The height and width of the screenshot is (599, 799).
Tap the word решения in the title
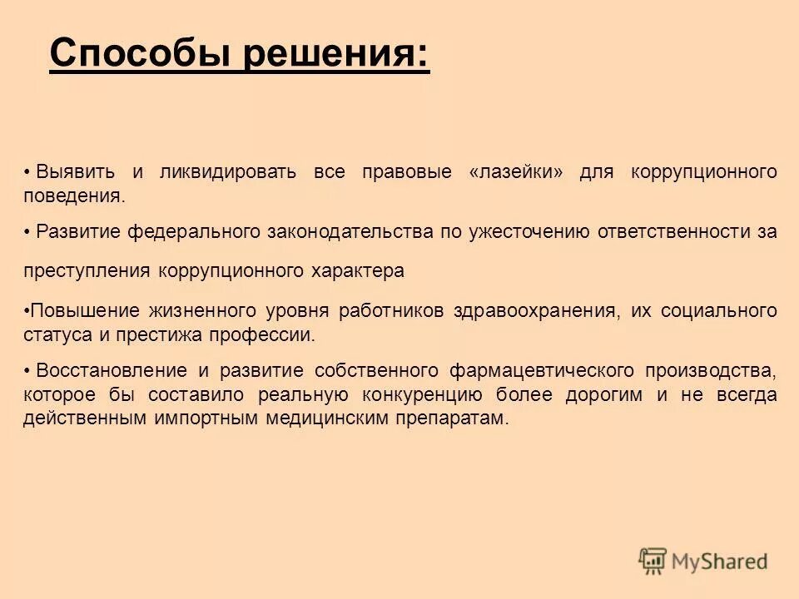[x=335, y=54]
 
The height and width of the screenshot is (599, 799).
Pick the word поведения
[x=73, y=197]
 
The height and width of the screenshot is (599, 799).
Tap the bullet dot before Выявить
[x=28, y=173]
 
